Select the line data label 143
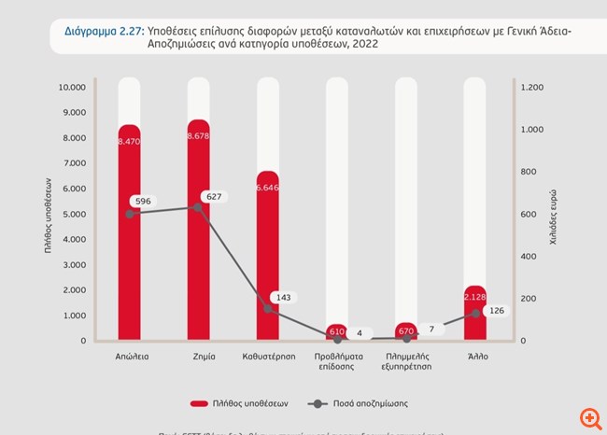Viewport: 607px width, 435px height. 283,297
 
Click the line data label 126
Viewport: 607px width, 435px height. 496,311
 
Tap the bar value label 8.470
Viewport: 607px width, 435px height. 129,141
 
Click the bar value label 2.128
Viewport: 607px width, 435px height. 475,297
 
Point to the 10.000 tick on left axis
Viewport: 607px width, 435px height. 72,88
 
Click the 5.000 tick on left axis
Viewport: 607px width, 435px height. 75,214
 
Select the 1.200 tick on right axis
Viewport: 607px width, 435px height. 531,88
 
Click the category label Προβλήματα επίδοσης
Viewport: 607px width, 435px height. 336,362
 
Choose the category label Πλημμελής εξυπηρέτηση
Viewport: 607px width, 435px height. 406,362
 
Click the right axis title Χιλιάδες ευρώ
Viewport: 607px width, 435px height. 554,215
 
